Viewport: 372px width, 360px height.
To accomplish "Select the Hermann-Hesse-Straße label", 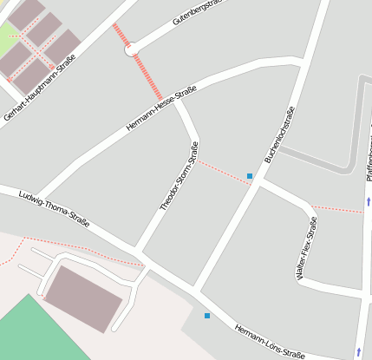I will [161, 108].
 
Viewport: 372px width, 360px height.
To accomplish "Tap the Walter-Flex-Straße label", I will [306, 247].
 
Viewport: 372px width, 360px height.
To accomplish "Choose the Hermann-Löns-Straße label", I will [270, 344].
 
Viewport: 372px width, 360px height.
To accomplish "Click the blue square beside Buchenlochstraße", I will [250, 176].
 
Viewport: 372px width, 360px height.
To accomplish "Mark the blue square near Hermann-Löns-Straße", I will [206, 316].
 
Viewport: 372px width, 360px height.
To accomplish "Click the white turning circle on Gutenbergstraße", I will [132, 50].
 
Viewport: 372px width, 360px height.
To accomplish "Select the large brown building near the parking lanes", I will [83, 298].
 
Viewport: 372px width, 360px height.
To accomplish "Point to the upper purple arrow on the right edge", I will [369, 202].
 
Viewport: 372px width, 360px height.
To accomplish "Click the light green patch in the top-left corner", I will [7, 36].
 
